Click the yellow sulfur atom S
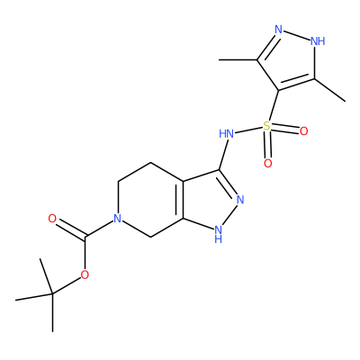pyautogui.click(x=266, y=126)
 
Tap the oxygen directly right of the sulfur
pyautogui.click(x=303, y=131)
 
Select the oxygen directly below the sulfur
pyautogui.click(x=268, y=164)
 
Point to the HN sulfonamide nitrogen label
pyautogui.click(x=227, y=134)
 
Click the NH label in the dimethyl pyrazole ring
pyautogui.click(x=318, y=40)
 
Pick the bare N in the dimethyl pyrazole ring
pyautogui.click(x=279, y=30)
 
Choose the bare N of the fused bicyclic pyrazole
pyautogui.click(x=240, y=200)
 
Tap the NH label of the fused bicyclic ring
pyautogui.click(x=219, y=234)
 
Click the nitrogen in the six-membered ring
pyautogui.click(x=118, y=219)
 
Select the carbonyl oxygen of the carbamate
pyautogui.click(x=52, y=219)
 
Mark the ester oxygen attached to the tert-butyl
pyautogui.click(x=85, y=274)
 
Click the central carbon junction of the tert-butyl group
pyautogui.click(x=52, y=293)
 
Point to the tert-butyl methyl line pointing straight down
pyautogui.click(x=52, y=312)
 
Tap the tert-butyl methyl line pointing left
pyautogui.click(x=34, y=297)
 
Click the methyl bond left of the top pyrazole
pyautogui.click(x=238, y=60)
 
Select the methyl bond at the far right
pyautogui.click(x=329, y=90)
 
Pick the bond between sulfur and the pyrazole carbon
pyautogui.click(x=274, y=105)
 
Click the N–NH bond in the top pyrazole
pyautogui.click(x=296, y=34)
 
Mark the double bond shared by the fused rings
pyautogui.click(x=180, y=200)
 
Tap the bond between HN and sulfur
pyautogui.click(x=248, y=130)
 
